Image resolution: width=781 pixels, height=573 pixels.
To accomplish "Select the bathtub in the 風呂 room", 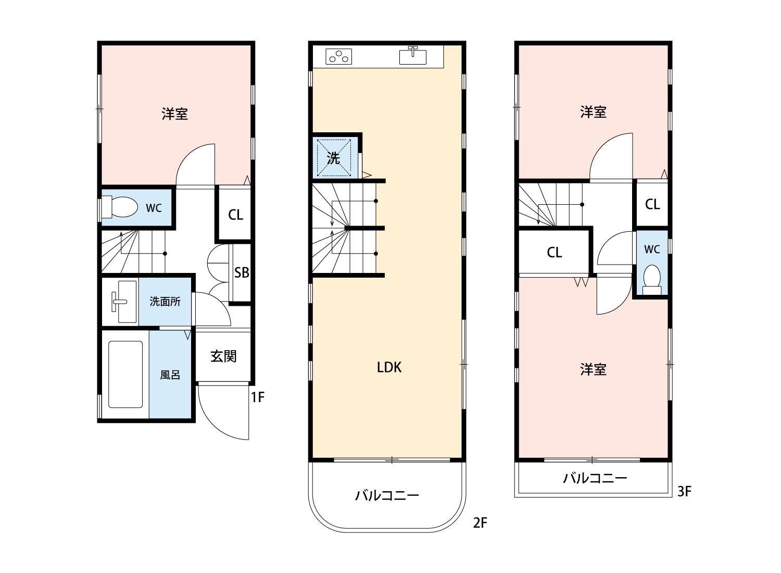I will point(125,374).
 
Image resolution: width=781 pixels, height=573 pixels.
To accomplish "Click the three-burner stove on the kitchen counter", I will point(339,56).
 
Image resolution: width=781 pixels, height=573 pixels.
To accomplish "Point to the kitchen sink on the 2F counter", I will point(413,56).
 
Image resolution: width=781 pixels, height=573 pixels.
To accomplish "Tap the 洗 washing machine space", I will point(334,157).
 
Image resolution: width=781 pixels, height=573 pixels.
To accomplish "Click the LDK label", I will point(389,368).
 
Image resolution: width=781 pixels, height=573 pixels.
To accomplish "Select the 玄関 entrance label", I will point(223,356).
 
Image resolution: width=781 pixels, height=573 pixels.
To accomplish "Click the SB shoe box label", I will point(241,272).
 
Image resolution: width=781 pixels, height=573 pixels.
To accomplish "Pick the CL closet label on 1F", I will point(235,215).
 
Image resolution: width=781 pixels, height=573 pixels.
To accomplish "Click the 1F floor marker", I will point(258,397).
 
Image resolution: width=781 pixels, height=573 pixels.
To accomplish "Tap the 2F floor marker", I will point(480,522).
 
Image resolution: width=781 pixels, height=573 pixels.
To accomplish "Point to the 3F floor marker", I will point(684,491).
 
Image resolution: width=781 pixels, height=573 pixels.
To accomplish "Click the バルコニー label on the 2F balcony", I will point(387,495).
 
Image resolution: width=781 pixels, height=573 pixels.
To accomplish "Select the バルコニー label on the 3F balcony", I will point(595,478).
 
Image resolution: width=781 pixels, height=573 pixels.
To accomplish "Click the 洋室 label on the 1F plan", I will point(174,114).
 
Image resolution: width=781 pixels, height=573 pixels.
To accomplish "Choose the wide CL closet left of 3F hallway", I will point(555,253).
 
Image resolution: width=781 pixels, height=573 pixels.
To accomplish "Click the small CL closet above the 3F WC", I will point(652,204).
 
